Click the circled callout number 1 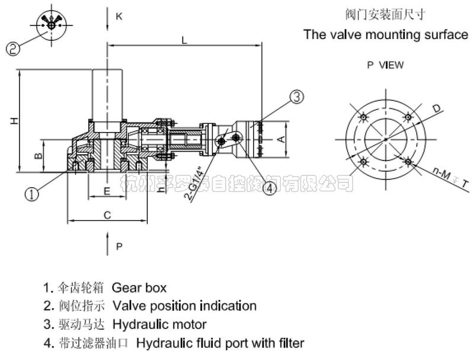pyautogui.click(x=34, y=194)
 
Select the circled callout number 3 pyautogui.click(x=297, y=97)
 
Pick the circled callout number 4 pyautogui.click(x=270, y=188)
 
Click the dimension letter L pyautogui.click(x=185, y=40)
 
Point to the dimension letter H pyautogui.click(x=14, y=121)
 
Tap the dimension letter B pyautogui.click(x=37, y=156)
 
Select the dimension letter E pyautogui.click(x=107, y=191)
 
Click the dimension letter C pyautogui.click(x=107, y=216)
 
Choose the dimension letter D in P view pyautogui.click(x=436, y=109)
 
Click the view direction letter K pyautogui.click(x=119, y=17)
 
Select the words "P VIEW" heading pyautogui.click(x=385, y=65)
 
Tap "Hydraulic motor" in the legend pyautogui.click(x=159, y=324)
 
